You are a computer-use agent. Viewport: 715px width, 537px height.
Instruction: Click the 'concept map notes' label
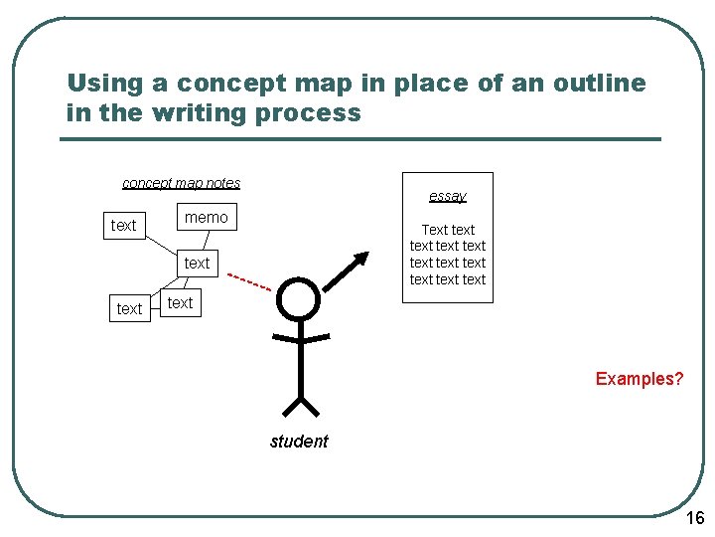coord(181,183)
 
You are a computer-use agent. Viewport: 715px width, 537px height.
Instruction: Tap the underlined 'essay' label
coord(447,196)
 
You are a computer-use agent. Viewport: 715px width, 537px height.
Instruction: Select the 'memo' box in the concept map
coord(206,217)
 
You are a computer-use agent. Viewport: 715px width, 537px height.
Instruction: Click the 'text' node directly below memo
coord(197,263)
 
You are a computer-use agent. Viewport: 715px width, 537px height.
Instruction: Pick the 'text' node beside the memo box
coord(124,225)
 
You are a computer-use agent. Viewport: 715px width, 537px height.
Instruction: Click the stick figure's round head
coord(299,297)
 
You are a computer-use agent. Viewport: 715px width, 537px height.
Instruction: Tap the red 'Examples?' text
coord(640,379)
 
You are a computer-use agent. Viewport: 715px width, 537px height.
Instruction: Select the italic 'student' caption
coord(299,442)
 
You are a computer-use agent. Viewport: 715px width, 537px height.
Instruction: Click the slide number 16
coord(695,518)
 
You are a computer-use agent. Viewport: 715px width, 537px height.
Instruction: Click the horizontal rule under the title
coord(360,138)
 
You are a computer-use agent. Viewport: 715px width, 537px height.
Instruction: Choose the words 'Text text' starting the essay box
coord(448,230)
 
